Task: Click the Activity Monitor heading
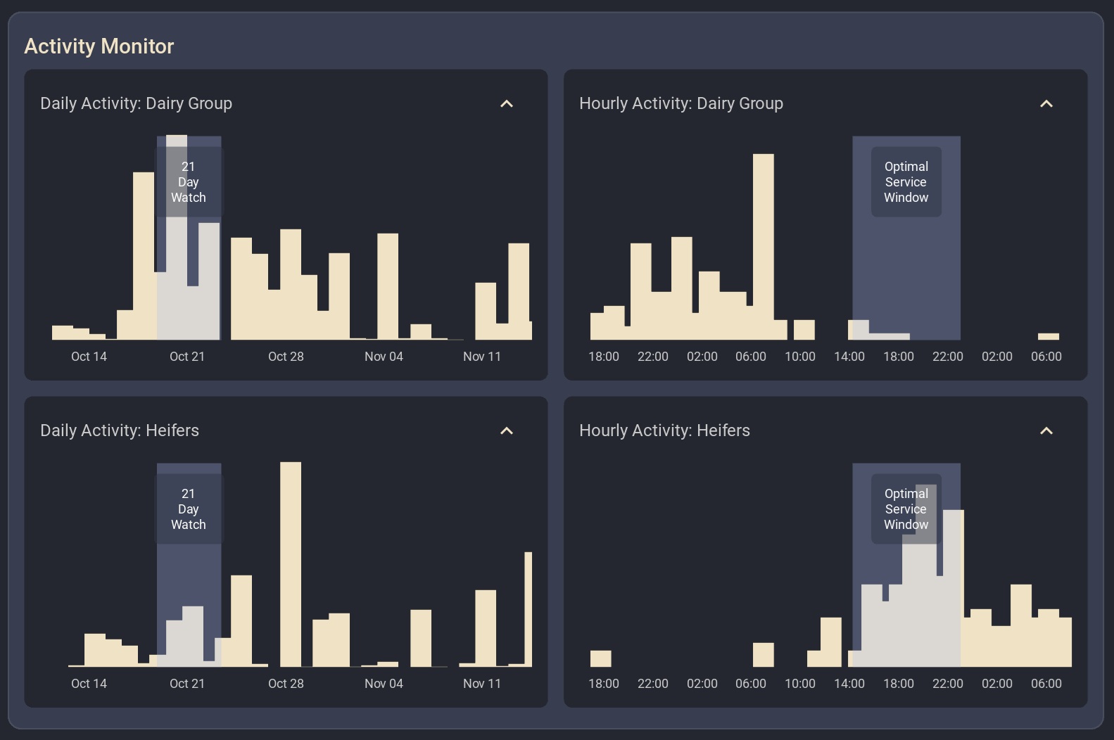point(99,46)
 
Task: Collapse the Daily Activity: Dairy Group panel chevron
point(507,104)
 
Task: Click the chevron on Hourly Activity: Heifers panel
point(1046,431)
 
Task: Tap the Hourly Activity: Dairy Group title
point(681,103)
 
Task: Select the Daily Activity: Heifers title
point(120,430)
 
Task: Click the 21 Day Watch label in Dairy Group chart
point(189,182)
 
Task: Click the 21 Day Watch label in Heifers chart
point(189,509)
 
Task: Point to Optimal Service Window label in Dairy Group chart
point(906,182)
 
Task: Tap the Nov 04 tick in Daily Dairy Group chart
point(384,357)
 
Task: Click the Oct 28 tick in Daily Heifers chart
point(286,684)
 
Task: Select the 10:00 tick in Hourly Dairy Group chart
point(800,357)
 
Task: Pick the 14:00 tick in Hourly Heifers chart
point(849,684)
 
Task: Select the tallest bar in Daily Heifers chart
point(291,563)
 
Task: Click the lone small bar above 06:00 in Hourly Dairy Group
point(1048,337)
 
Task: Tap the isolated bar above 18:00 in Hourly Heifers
point(600,658)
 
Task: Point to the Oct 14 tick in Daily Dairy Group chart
point(89,357)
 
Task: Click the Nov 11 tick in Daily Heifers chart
point(482,684)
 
